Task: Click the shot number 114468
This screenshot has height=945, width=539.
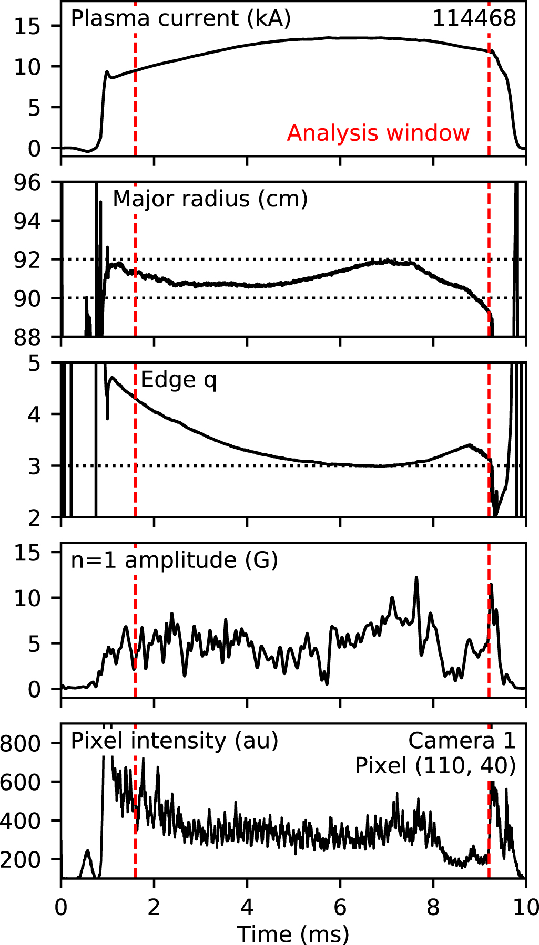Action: click(474, 19)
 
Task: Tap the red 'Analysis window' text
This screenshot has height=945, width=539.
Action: click(378, 133)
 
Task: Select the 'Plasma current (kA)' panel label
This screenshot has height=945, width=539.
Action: click(180, 19)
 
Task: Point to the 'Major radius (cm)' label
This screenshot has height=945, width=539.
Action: click(210, 200)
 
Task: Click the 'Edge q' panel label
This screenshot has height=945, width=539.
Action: click(179, 380)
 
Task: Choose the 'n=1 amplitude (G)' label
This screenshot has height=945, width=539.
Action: click(174, 560)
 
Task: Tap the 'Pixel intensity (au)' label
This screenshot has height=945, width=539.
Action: click(174, 741)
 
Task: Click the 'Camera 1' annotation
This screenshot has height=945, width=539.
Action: click(462, 741)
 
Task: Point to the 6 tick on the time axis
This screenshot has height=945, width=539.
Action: click(340, 907)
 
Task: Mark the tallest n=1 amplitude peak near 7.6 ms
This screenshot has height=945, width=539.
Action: click(416, 578)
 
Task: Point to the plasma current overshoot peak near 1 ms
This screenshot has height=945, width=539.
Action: click(107, 72)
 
